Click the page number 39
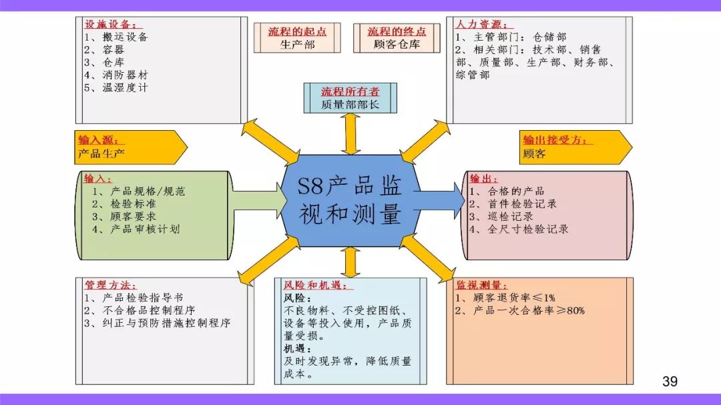click(670, 381)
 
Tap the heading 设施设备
click(110, 25)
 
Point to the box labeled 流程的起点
click(297, 37)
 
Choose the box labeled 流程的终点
click(397, 37)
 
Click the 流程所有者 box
click(350, 98)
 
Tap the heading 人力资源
click(481, 25)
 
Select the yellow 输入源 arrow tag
click(131, 147)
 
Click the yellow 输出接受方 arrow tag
click(575, 147)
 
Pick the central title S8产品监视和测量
click(350, 200)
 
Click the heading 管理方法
click(110, 285)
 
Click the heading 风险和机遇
click(317, 285)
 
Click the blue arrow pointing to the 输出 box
click(439, 200)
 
